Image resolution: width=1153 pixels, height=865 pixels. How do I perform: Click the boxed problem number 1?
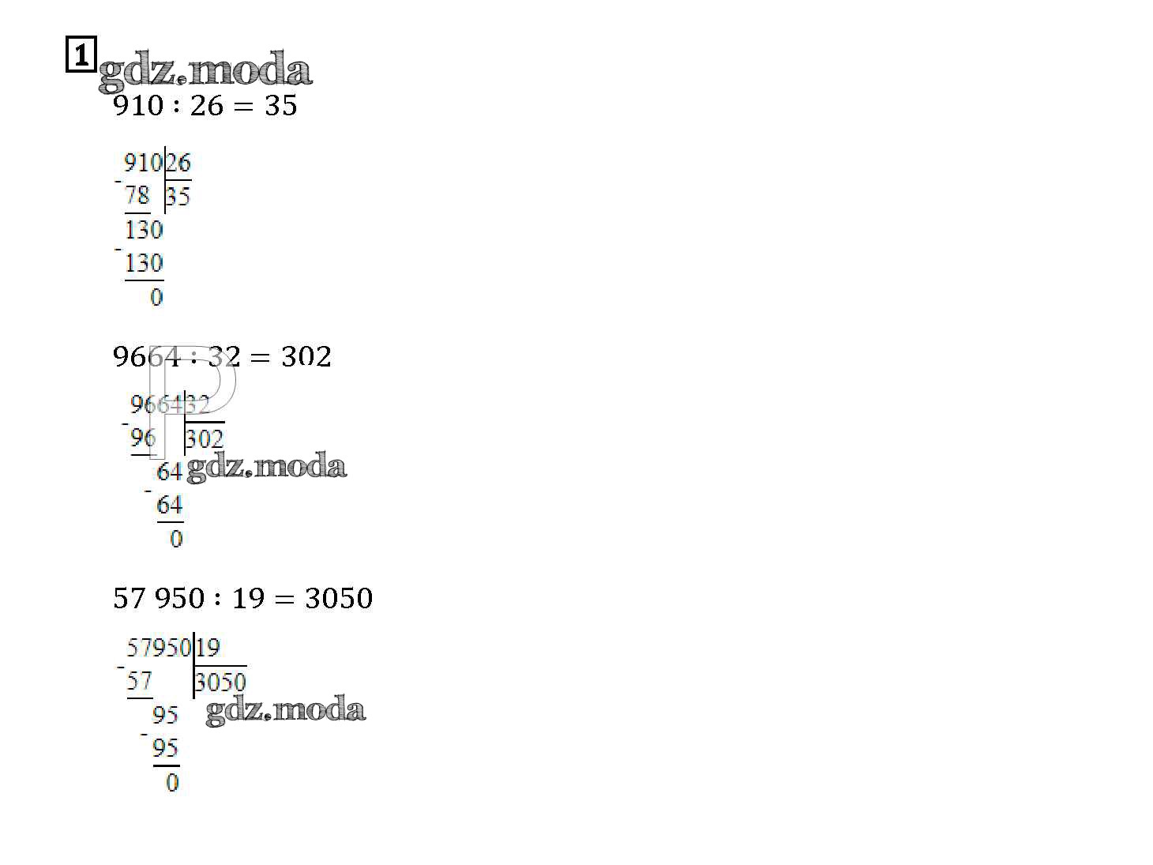[81, 54]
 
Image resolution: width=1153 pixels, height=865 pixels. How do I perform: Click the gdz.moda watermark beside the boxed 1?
[205, 70]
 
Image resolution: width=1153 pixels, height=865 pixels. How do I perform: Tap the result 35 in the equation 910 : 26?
[281, 106]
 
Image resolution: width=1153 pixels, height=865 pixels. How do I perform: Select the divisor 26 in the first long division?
[178, 163]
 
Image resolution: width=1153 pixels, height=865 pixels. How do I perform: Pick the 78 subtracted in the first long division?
[137, 196]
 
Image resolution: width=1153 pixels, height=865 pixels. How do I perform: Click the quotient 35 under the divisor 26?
[178, 197]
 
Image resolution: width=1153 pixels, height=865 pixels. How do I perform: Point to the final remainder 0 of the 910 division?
[156, 298]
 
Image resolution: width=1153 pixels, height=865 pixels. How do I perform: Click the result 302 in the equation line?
[306, 357]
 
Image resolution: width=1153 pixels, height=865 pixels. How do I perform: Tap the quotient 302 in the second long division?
[205, 438]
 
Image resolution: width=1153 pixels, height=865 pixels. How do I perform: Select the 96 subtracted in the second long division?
[144, 438]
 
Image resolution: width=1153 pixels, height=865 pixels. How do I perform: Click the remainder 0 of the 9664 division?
[176, 539]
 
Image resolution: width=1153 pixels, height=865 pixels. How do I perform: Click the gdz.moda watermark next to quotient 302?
[267, 467]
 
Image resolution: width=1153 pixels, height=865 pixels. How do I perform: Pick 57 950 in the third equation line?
[159, 598]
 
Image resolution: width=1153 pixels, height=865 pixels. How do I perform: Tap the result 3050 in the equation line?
[339, 598]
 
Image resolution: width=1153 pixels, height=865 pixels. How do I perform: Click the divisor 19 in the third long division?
[208, 648]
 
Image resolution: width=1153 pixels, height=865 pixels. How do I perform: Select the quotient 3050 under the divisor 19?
[220, 683]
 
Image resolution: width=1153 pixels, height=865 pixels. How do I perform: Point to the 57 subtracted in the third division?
[140, 681]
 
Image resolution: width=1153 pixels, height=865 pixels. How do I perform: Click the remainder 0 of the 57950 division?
[172, 783]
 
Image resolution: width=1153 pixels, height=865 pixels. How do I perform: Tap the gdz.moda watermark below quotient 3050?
[286, 710]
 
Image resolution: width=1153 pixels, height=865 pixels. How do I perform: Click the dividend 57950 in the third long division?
[160, 648]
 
